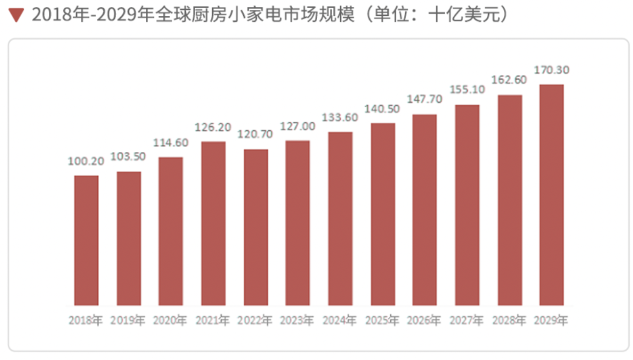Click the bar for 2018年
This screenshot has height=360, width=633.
coord(86,240)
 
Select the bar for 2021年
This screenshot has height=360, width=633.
coord(213,223)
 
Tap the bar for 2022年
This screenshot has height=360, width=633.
coord(256,227)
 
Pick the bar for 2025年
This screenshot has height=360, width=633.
coord(383,214)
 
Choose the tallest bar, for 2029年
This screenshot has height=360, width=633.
coord(552,195)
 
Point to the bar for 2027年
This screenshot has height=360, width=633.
coord(467,205)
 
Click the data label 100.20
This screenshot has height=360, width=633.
coord(86,161)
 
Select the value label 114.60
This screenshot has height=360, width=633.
coord(171,142)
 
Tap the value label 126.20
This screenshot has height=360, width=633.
coord(213,127)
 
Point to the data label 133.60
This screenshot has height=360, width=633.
coord(340,117)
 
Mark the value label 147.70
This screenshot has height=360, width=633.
coord(425,100)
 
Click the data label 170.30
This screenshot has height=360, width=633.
coord(552,70)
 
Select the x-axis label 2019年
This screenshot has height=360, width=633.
coord(128,321)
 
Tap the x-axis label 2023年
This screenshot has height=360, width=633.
coord(298,321)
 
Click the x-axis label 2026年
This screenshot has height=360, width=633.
coord(425,321)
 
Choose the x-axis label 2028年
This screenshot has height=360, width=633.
coord(509,321)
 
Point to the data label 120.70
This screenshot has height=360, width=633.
coord(256,134)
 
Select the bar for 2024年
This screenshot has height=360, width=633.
coord(340,219)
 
